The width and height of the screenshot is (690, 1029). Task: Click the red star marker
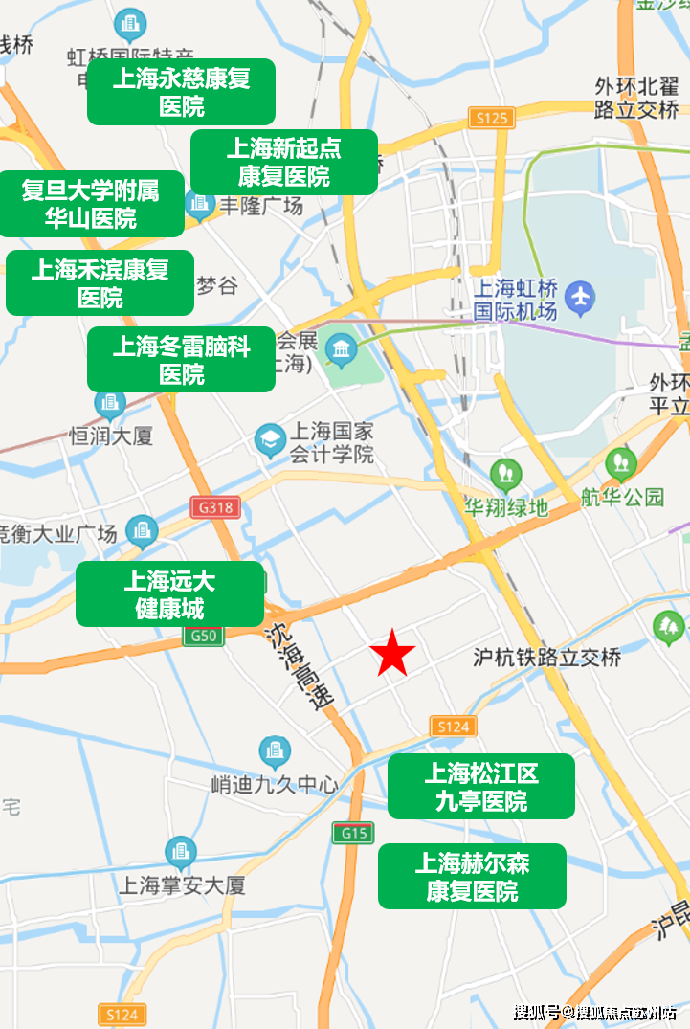point(392,655)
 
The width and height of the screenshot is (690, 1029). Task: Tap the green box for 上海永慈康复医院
point(181,92)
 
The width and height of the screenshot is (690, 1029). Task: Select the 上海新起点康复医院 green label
point(284,163)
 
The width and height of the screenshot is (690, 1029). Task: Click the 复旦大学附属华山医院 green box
point(91,205)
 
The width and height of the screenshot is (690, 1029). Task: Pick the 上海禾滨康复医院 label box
point(100,283)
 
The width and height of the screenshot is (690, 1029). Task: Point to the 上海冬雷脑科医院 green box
point(181,360)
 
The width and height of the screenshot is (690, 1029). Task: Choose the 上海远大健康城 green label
point(169,594)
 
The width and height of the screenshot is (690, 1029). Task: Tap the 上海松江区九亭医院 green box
point(480,787)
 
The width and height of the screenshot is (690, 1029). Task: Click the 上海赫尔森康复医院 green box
point(472,877)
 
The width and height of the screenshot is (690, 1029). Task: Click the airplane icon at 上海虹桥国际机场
point(580,298)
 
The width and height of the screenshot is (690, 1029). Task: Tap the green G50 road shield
point(205,636)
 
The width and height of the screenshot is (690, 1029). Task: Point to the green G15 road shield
point(353,833)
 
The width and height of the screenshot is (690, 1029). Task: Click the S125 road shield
point(492,118)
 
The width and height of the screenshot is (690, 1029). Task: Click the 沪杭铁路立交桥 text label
point(547,658)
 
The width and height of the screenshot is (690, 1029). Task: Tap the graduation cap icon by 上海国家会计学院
point(271,440)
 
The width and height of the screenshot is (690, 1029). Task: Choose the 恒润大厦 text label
point(111,436)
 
